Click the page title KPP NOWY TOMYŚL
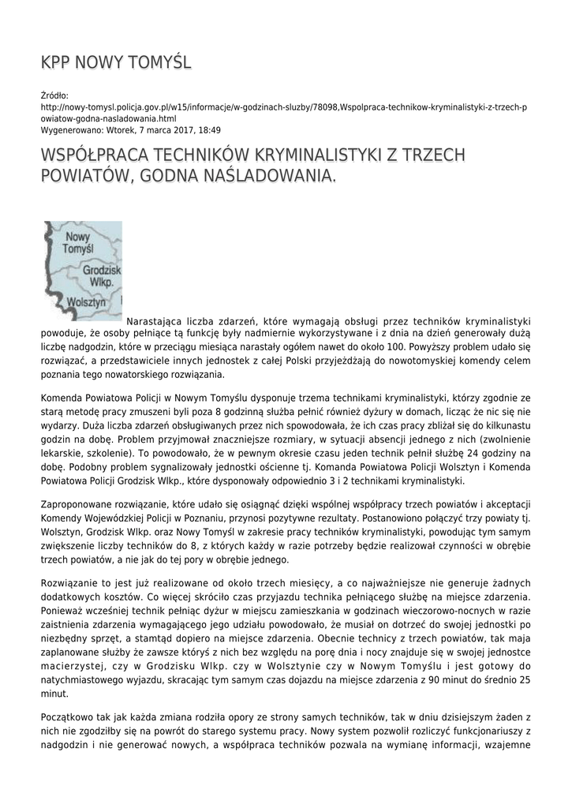pyautogui.click(x=116, y=62)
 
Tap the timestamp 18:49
pyautogui.click(x=208, y=130)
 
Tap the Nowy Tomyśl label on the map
pyautogui.click(x=78, y=242)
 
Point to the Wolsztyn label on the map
pyautogui.click(x=87, y=302)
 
